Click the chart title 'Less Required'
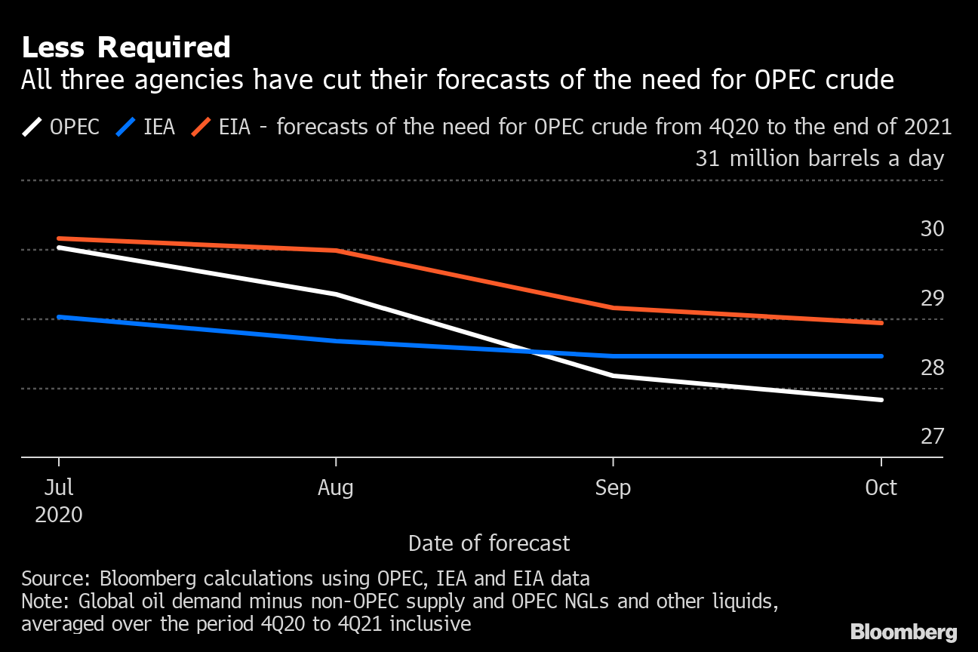125,48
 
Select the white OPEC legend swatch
32,126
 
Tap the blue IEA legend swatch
126,126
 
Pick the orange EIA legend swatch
201,126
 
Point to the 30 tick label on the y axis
932,229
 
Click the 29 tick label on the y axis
932,298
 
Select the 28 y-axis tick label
932,368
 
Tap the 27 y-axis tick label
932,436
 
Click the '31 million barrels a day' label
819,159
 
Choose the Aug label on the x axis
335,488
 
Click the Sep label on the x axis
613,488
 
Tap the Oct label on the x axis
881,488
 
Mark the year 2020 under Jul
59,515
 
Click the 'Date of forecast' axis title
489,543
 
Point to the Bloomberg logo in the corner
903,632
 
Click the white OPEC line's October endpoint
881,400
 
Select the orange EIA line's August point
335,251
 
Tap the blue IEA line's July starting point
59,317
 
